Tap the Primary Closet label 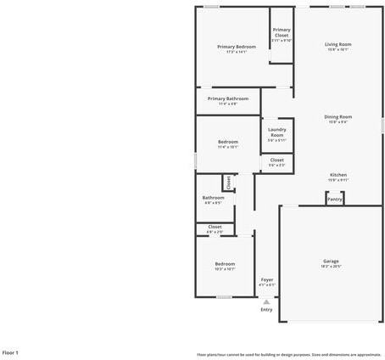(x=282, y=32)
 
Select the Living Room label (x=338, y=44)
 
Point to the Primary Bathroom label (x=228, y=98)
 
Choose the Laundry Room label (x=277, y=132)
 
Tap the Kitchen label (x=338, y=175)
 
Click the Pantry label (x=335, y=200)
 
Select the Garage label (x=331, y=261)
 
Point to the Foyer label (x=266, y=279)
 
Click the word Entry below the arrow (x=266, y=309)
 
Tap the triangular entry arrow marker (x=266, y=301)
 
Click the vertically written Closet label (x=227, y=182)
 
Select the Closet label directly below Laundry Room (x=277, y=160)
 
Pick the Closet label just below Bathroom (x=215, y=227)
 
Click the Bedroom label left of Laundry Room (x=227, y=142)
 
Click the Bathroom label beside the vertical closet (x=213, y=198)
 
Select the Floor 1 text (x=10, y=352)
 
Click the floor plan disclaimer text (x=288, y=354)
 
